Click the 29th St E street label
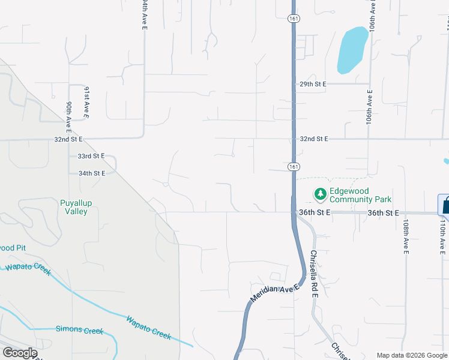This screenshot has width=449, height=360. (x=313, y=85)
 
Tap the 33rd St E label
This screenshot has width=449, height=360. (x=91, y=156)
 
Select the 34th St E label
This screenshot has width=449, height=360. (x=92, y=173)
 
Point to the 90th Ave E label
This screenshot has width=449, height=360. (x=70, y=116)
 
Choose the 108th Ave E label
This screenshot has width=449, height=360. (x=406, y=236)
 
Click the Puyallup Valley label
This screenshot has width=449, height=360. (x=76, y=207)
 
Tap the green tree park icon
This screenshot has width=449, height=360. (x=321, y=194)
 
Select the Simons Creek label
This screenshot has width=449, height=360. (x=79, y=330)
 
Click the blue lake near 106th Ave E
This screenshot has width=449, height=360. (x=352, y=50)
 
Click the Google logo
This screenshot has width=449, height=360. (x=19, y=353)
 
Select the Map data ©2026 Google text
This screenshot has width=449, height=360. (x=412, y=355)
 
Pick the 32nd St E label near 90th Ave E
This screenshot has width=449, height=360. (x=68, y=139)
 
